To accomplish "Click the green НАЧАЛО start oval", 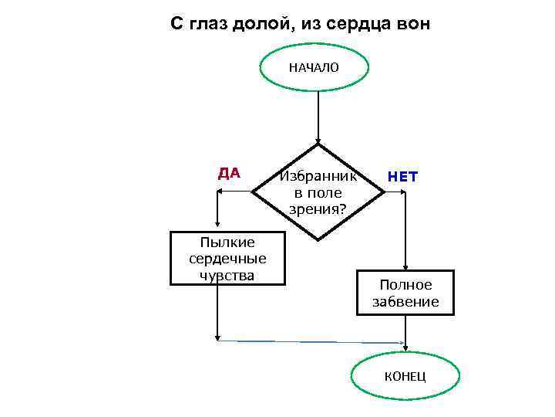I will tap(313, 67).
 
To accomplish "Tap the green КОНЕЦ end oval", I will tap(405, 377).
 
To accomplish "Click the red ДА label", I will tap(229, 173).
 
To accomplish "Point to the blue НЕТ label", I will tap(402, 176).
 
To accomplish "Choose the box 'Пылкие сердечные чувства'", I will tap(227, 257).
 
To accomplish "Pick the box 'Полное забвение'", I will tap(405, 293).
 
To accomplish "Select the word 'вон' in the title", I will tap(410, 24).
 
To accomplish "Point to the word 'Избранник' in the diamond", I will tap(318, 175).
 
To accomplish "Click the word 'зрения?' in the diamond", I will tap(318, 208).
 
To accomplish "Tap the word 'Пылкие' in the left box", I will tap(227, 242).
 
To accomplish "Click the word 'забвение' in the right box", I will tap(405, 301).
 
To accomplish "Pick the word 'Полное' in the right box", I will tap(405, 285).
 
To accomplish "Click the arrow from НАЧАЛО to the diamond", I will tap(318, 116).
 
